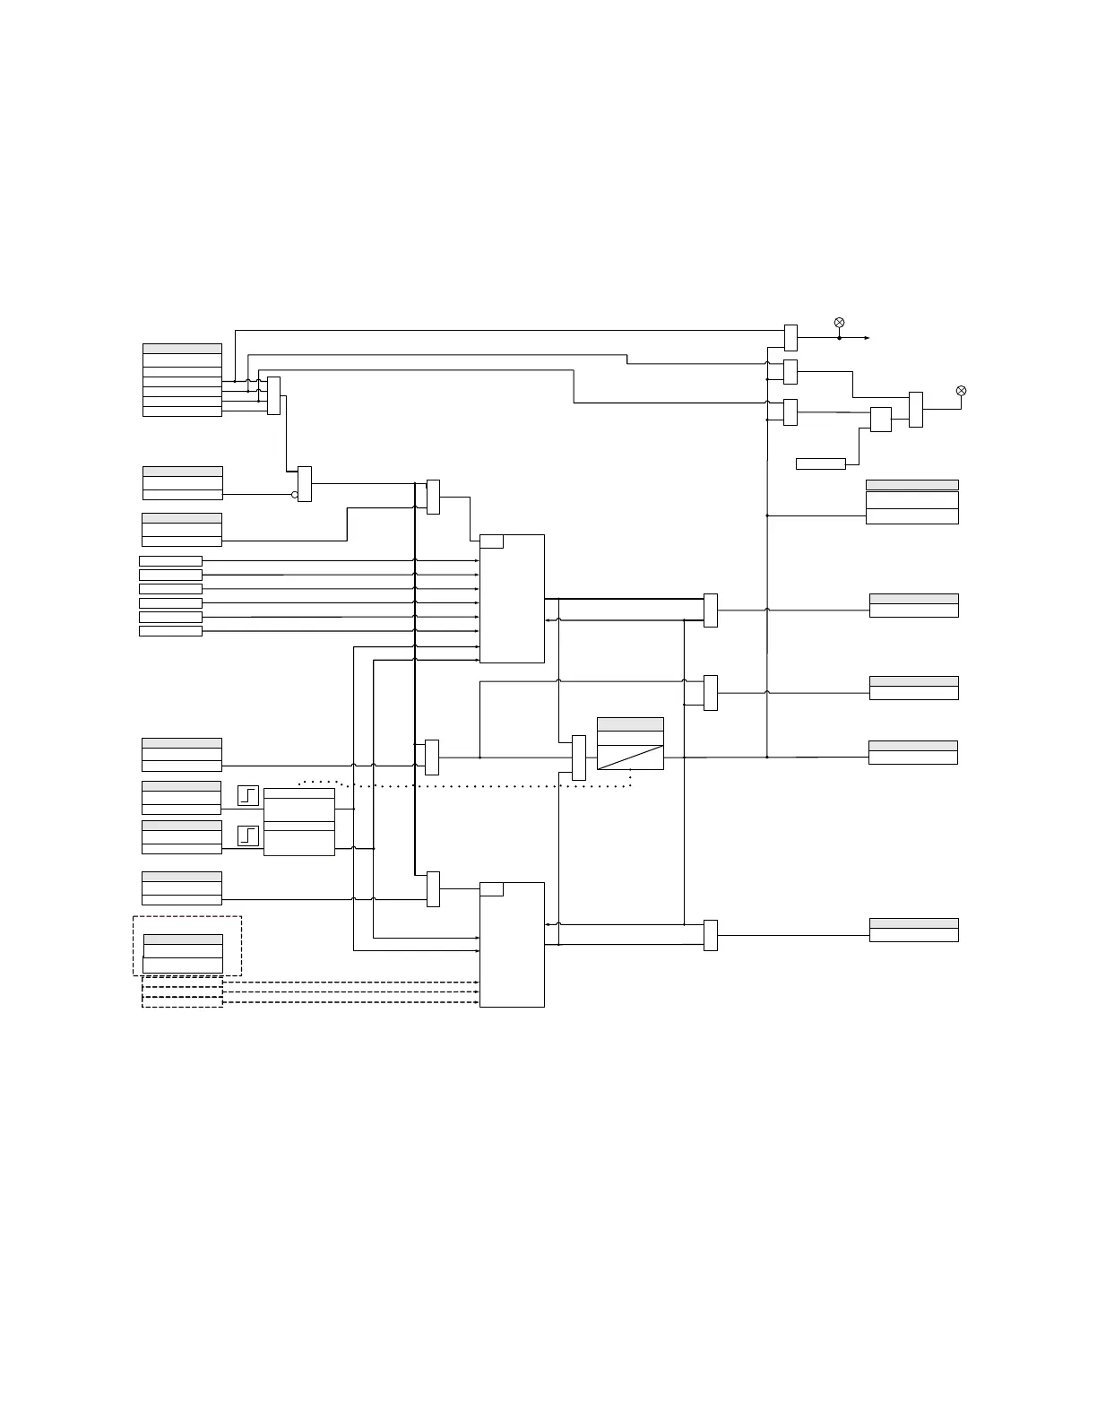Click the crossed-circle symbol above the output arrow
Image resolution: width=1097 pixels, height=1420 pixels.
pos(839,323)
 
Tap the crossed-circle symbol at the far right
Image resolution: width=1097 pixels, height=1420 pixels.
pos(961,391)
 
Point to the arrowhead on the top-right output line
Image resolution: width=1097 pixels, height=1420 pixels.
pos(866,338)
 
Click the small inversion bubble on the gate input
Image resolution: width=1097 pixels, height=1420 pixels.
pos(295,494)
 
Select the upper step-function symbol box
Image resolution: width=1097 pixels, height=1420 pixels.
pos(248,795)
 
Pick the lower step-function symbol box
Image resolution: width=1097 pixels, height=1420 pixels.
pos(248,836)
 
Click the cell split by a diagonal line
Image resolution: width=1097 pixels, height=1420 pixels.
pos(630,757)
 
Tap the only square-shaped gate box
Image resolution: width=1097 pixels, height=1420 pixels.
pos(880,420)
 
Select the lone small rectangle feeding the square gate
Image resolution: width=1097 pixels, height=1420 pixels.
pos(820,463)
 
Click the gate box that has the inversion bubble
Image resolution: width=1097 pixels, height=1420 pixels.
pos(305,484)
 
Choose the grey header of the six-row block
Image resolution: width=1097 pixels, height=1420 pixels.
pos(182,349)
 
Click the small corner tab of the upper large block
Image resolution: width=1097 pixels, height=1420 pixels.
pos(491,541)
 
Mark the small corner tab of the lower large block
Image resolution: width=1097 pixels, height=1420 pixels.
pos(491,889)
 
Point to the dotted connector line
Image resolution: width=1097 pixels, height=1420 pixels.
pos(484,786)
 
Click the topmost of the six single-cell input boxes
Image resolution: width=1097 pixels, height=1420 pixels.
pos(170,561)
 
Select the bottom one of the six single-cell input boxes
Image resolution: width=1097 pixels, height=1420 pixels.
pos(170,631)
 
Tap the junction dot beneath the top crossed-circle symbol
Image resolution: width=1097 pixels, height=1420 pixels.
pos(839,338)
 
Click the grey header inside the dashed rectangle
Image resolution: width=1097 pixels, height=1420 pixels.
pos(183,939)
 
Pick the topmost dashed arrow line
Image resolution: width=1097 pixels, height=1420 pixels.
pos(350,983)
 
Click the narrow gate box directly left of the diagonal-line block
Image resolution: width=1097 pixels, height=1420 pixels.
pos(578,758)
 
